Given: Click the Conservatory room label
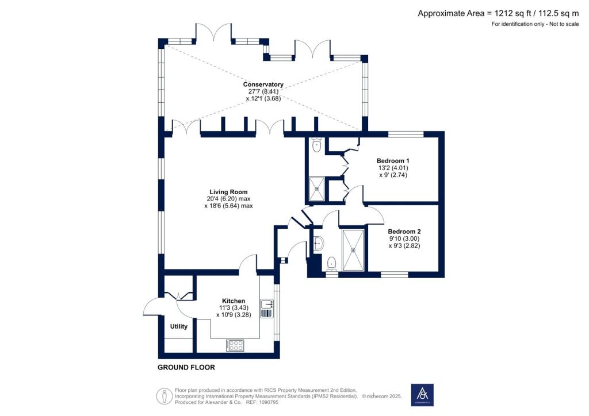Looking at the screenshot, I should coord(263,84).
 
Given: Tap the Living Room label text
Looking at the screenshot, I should coord(229,192).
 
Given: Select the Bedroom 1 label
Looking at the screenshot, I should coord(393,160).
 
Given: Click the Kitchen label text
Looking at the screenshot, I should coord(234,301).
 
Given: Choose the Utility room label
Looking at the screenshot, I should coord(179,326).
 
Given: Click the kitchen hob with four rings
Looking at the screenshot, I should coord(236,345).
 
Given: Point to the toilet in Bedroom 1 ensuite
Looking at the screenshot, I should coord(316,146).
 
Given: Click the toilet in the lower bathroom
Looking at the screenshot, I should coord(331,264).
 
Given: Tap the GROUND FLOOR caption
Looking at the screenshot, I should coord(186,367).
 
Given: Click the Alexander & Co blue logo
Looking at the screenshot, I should coord(422,395).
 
